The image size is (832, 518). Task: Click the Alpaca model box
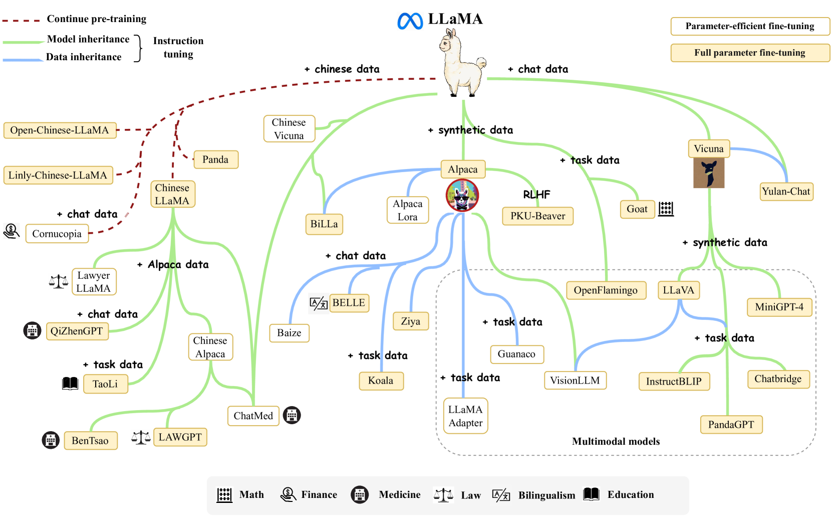[x=463, y=169]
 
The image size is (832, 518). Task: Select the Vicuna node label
[x=708, y=149]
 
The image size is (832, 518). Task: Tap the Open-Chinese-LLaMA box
[x=60, y=130]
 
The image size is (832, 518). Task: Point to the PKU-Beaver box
[x=537, y=216]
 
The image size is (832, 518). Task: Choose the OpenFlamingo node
[x=606, y=290]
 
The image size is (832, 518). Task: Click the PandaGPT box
[x=731, y=425]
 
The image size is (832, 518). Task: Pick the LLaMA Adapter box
[x=465, y=416]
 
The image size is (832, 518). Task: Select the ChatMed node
[x=253, y=416]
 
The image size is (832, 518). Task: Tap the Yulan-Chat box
[x=786, y=192]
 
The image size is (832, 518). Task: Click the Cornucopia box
[x=57, y=234]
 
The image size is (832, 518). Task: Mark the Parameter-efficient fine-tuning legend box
[x=750, y=26]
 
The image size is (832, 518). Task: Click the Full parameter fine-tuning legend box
[x=750, y=53]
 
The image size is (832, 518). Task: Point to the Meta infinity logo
[x=410, y=21]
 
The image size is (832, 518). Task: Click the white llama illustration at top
[x=461, y=63]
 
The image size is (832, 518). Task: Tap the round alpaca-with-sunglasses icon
[x=462, y=196]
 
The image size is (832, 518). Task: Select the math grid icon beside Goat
[x=666, y=209]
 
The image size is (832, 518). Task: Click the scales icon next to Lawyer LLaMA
[x=59, y=281]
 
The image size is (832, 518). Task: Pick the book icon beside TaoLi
[x=70, y=384]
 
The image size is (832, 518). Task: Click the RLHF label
[x=536, y=195]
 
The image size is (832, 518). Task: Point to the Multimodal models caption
[x=616, y=441]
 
